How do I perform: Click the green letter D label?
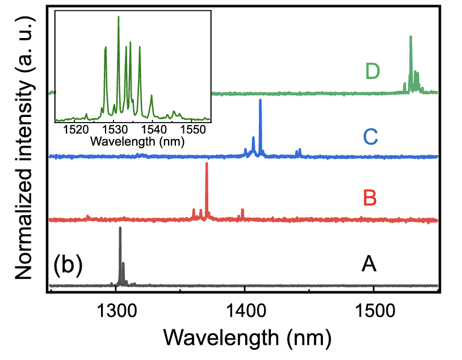click(x=372, y=72)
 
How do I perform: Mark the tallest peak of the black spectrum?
click(x=120, y=228)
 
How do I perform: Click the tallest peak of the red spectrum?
click(x=207, y=164)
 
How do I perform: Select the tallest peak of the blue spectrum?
click(x=261, y=100)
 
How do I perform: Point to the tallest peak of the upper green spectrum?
click(x=410, y=37)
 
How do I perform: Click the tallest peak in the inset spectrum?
click(x=119, y=16)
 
